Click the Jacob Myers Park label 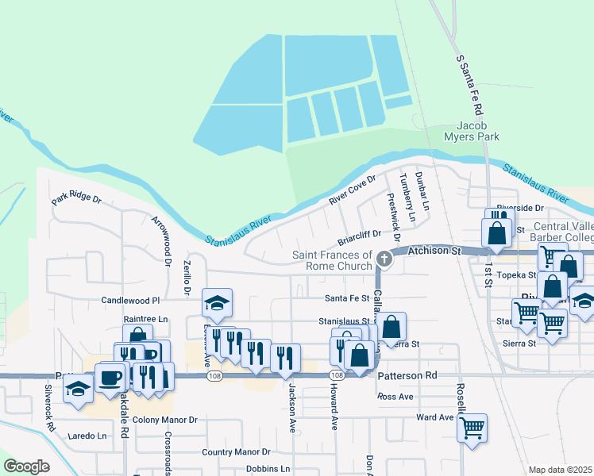pos(477,131)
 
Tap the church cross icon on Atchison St pos(384,259)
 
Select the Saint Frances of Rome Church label pos(332,260)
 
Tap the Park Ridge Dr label pos(76,198)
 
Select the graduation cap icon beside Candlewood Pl pos(217,302)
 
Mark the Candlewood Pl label pos(130,301)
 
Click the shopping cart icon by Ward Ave pos(472,428)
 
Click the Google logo pos(26,466)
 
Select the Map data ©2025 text pos(560,470)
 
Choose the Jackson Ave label pos(292,408)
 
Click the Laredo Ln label pos(87,436)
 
